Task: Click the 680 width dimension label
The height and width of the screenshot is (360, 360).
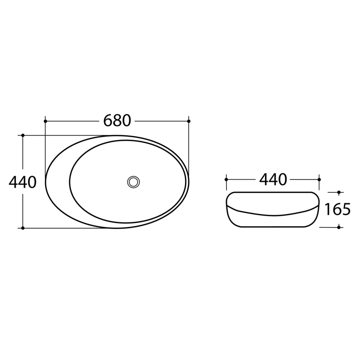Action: (117, 121)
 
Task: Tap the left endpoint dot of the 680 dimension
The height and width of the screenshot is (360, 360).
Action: (45, 121)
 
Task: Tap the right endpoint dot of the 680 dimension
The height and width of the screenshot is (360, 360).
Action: (189, 121)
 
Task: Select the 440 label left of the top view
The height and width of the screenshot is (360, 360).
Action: (22, 182)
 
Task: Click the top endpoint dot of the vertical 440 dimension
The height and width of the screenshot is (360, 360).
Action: (23, 135)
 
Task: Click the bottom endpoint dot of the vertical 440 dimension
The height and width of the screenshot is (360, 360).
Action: (23, 228)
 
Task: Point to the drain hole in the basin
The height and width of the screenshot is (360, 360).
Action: (134, 182)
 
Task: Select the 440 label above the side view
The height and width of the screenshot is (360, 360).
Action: (273, 180)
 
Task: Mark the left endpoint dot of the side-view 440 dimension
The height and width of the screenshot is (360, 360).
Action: (226, 180)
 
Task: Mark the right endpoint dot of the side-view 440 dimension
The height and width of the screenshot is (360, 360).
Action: (319, 180)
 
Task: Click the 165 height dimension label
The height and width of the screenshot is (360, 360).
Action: (337, 210)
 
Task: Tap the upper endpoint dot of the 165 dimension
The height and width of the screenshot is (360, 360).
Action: (339, 192)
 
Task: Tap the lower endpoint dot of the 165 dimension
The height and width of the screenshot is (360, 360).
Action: (339, 227)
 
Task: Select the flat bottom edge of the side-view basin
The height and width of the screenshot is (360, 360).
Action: (272, 227)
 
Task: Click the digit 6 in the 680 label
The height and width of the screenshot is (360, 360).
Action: (108, 121)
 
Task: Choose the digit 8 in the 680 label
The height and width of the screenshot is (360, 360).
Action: (117, 121)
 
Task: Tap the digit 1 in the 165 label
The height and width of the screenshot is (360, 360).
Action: (327, 210)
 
